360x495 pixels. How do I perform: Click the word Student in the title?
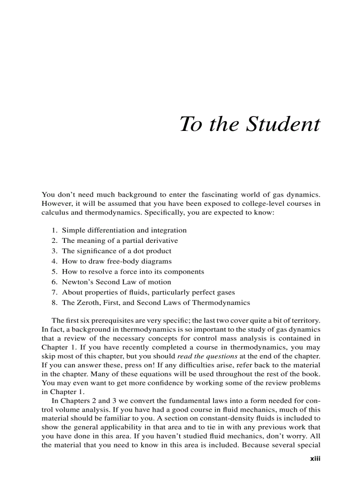tap(283, 124)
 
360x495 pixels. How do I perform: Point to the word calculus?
tap(54, 212)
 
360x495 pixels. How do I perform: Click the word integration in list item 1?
tap(169, 231)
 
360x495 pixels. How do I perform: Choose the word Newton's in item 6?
tap(78, 282)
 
